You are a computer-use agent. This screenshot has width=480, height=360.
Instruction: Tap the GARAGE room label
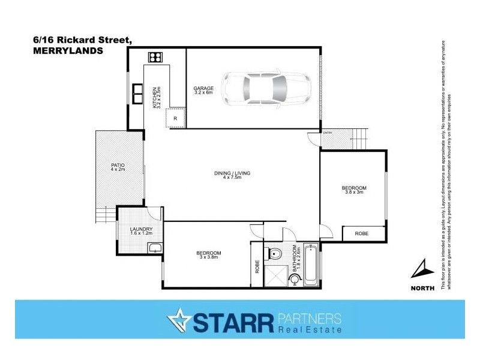click(203, 88)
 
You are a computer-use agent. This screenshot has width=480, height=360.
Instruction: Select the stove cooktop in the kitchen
click(155, 58)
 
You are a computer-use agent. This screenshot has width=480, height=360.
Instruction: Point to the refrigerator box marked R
click(175, 118)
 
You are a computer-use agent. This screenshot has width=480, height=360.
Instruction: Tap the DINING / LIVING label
click(232, 173)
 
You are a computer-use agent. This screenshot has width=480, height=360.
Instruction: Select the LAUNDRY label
click(141, 229)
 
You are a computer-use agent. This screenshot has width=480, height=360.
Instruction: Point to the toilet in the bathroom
click(275, 252)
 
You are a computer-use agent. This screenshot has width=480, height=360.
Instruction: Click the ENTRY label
click(327, 133)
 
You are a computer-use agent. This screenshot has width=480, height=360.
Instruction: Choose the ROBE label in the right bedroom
click(361, 233)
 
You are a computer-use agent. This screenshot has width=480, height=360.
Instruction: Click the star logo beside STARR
click(178, 320)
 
